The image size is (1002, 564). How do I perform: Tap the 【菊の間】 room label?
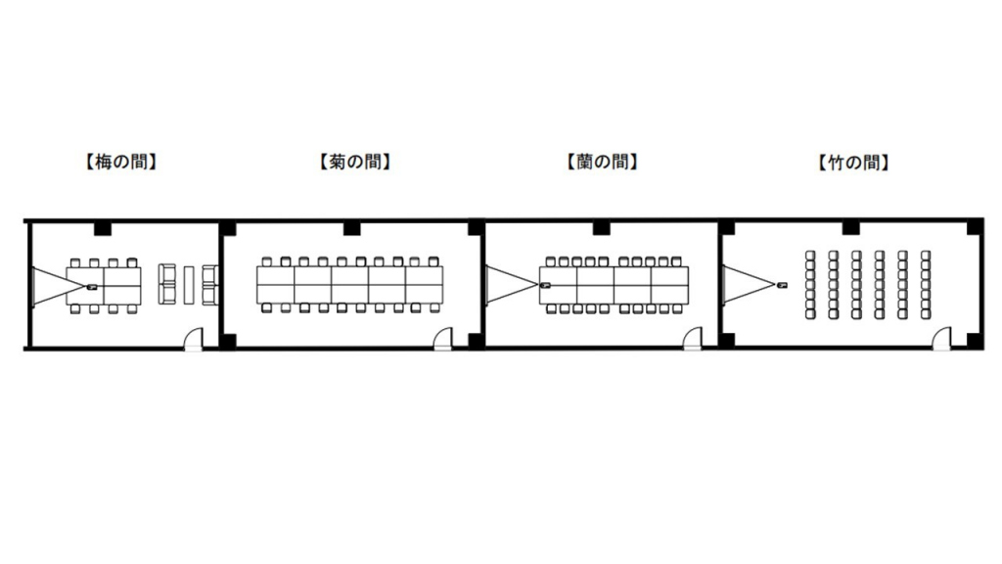(354, 163)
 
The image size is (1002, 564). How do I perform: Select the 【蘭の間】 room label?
(602, 163)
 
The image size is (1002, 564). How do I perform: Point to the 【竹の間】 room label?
(852, 163)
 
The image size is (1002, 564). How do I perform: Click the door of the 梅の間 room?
(195, 340)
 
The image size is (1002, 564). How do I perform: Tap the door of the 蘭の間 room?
(693, 340)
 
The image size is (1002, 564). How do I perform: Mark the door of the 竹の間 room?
(941, 340)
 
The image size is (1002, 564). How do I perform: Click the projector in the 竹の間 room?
(782, 285)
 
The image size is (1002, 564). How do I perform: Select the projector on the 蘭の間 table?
(545, 285)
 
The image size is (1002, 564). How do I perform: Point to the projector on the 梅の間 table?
(92, 286)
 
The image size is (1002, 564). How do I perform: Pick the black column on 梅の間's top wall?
(101, 228)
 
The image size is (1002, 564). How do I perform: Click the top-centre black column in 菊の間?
(351, 228)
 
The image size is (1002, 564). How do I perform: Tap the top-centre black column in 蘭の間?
(601, 228)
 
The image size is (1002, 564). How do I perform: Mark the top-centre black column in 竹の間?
(850, 228)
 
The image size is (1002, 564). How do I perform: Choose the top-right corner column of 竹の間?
(973, 228)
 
